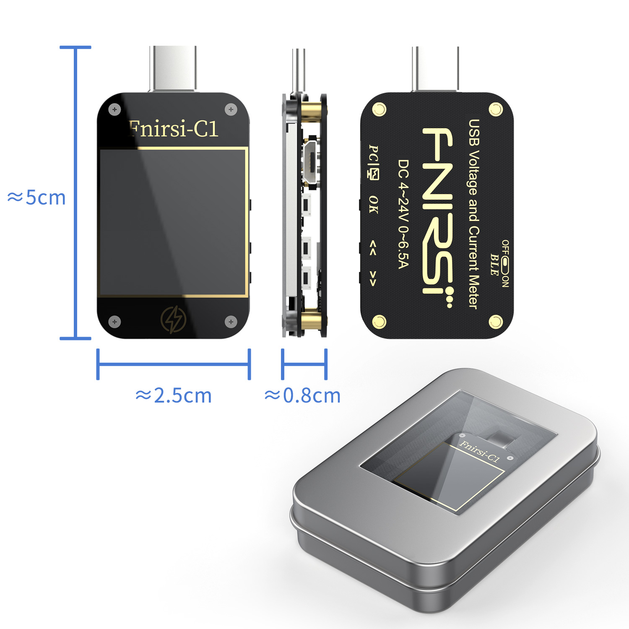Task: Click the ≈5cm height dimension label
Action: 37,198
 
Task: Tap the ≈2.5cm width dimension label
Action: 174,395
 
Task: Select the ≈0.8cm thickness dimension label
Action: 302,395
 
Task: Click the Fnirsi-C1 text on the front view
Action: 173,128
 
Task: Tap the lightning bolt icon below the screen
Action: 173,320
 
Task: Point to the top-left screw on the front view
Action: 114,110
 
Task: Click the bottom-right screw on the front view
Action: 231,322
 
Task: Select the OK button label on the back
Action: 373,204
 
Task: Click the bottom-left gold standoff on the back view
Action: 379,322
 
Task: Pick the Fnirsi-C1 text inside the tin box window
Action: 480,451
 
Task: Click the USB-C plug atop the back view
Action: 435,69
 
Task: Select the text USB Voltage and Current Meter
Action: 473,214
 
